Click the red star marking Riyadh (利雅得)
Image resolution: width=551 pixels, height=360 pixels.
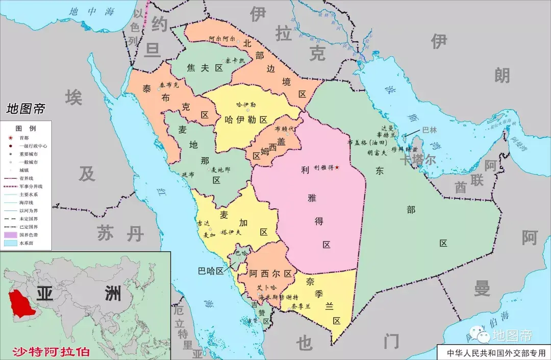click(x=337, y=167)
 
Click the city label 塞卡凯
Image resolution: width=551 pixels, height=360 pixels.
click(x=235, y=60)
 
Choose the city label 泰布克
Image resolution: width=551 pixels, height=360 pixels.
click(x=169, y=84)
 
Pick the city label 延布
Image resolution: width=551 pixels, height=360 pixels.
click(x=188, y=175)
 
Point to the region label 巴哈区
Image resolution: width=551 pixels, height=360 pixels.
click(x=211, y=271)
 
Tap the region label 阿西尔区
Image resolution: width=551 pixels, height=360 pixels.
click(x=270, y=274)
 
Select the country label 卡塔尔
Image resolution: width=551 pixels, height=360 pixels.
click(x=417, y=160)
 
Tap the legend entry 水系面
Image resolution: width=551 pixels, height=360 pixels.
click(x=27, y=243)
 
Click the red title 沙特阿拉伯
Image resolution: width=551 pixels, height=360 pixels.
click(x=51, y=352)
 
